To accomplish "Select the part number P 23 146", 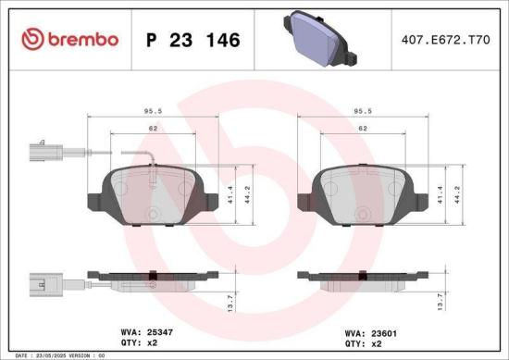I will click(193, 40).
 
